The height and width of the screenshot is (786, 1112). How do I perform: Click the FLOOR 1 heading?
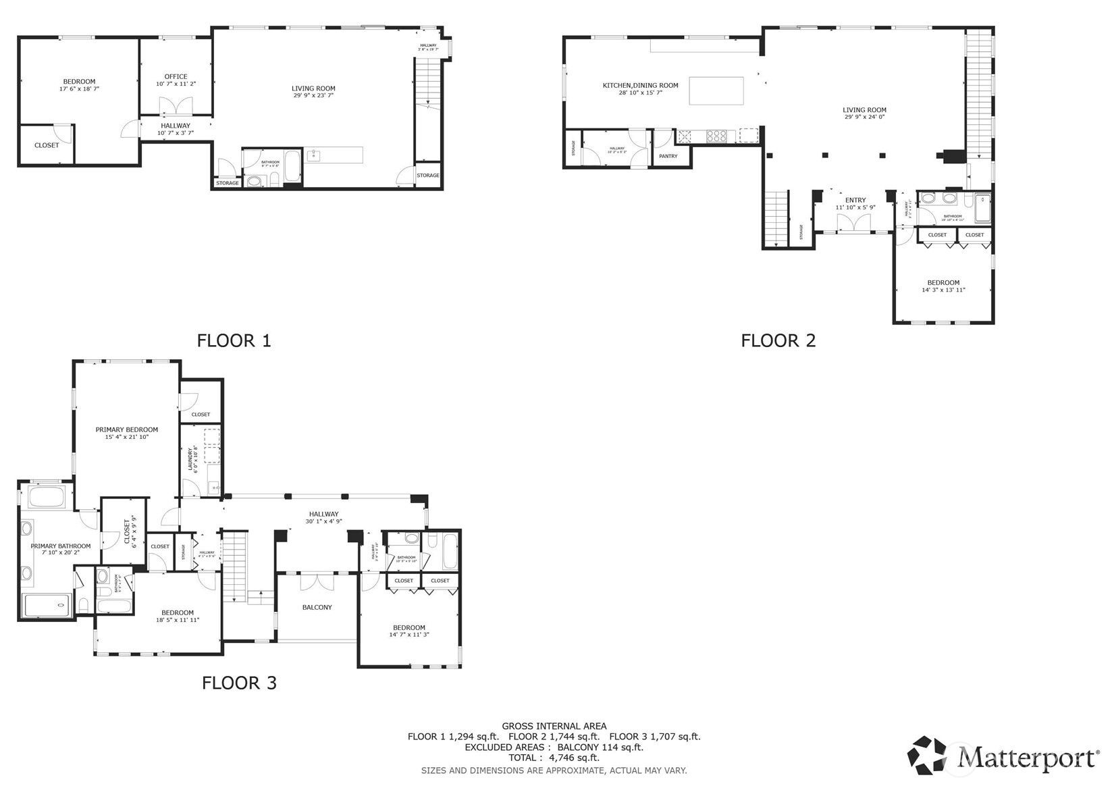point(234,340)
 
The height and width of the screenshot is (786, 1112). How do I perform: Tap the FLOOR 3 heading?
point(239,683)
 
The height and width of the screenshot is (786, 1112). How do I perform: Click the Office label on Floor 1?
point(176,76)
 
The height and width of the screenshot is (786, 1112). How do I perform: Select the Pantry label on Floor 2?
point(668,156)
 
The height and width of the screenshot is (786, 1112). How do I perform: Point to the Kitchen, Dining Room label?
point(640,85)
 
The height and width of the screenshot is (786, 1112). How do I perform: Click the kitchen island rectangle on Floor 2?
point(716,90)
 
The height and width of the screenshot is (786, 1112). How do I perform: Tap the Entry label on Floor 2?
point(855,200)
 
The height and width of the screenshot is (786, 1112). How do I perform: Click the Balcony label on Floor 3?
point(317,607)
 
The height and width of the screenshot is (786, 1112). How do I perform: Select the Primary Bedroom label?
point(126,429)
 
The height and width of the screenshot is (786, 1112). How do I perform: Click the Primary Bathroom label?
point(60,546)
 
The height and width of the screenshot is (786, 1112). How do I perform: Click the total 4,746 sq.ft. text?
point(554,758)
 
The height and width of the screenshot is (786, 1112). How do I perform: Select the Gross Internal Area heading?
point(554,726)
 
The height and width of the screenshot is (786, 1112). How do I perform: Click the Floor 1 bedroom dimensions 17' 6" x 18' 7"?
point(79,88)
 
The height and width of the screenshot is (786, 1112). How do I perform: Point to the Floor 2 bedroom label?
point(943,282)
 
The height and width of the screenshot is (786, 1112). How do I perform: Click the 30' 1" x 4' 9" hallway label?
point(323,521)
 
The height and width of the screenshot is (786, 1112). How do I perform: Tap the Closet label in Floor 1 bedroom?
point(47,145)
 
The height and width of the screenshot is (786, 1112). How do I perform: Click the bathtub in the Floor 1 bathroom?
point(292,166)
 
